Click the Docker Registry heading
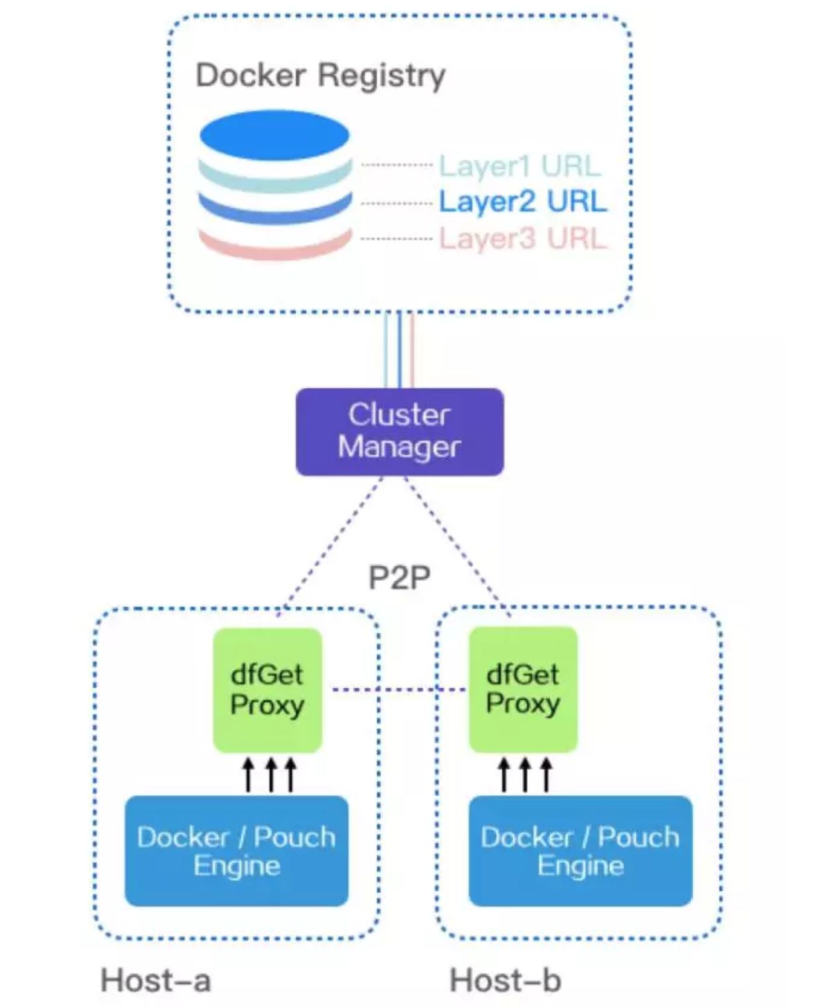pos(320,76)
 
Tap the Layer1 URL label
pos(520,166)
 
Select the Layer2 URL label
pos(522,202)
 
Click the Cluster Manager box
pos(399,432)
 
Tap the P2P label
pos(399,577)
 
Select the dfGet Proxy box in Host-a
pos(267,690)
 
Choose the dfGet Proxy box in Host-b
pos(523,690)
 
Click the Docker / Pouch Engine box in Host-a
pos(237,851)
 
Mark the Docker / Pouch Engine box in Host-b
pos(580,851)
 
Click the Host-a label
pos(156,980)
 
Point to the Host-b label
pos(505,980)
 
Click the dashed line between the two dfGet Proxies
pos(398,690)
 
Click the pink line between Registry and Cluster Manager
pos(412,350)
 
